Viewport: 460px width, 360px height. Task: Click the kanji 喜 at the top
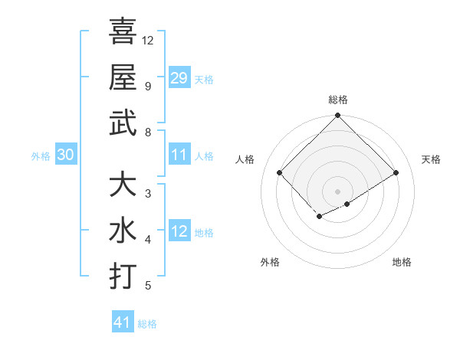(x=123, y=32)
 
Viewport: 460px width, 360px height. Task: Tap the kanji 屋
(x=123, y=77)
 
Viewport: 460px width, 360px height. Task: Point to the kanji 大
(x=123, y=185)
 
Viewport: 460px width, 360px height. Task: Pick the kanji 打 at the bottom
(x=123, y=276)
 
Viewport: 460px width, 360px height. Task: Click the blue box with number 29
(x=179, y=78)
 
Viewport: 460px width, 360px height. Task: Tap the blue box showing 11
(x=179, y=155)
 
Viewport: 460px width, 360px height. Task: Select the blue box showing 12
(x=179, y=231)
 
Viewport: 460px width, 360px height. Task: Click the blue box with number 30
(x=65, y=155)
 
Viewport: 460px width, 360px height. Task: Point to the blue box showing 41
(x=123, y=322)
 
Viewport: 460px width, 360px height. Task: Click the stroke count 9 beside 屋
(x=148, y=86)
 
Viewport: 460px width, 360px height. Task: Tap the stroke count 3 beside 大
(x=148, y=193)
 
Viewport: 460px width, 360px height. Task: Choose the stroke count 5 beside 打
(x=148, y=286)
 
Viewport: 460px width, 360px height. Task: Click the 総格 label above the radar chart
(x=337, y=100)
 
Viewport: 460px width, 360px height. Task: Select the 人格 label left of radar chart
(x=245, y=159)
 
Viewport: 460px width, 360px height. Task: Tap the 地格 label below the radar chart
(x=402, y=262)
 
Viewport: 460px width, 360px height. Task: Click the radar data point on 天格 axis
(x=397, y=172)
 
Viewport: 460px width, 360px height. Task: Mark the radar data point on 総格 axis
(x=337, y=116)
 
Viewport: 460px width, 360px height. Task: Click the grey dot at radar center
(x=337, y=191)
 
